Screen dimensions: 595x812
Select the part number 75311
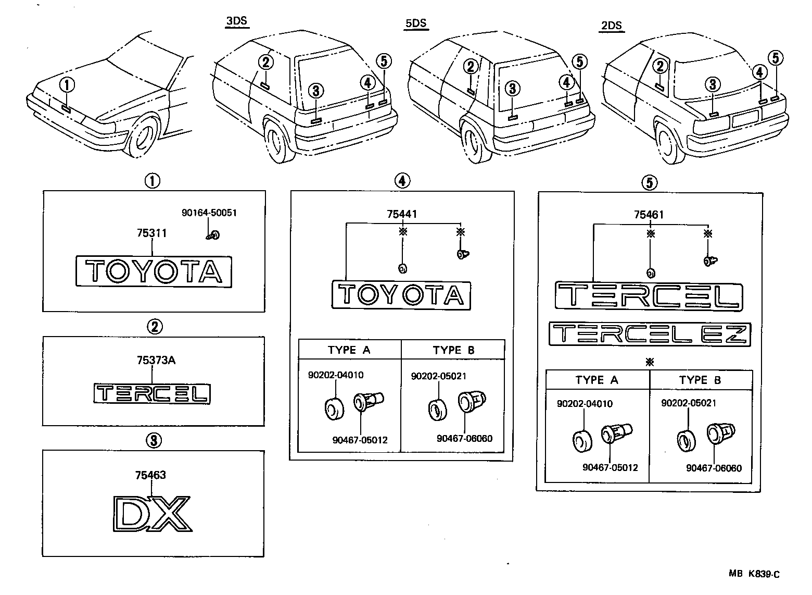coord(151,233)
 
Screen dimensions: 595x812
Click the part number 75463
coord(150,475)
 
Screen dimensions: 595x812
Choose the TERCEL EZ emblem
coord(650,334)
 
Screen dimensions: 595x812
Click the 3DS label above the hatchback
coord(237,21)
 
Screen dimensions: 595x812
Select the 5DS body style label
coord(416,23)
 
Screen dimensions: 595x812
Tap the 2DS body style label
coord(611,25)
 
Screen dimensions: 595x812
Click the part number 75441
coord(401,214)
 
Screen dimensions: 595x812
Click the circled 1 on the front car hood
coord(67,84)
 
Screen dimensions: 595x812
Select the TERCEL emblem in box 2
coord(153,394)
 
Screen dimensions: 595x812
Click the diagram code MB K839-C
coord(754,574)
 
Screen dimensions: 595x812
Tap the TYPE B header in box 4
coord(453,350)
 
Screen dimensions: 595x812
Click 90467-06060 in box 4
coord(464,438)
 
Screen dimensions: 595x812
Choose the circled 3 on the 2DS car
coord(713,84)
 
